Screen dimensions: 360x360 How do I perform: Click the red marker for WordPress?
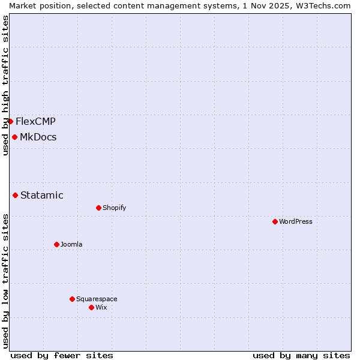click(x=275, y=221)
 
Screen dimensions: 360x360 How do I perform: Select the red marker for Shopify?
click(x=98, y=208)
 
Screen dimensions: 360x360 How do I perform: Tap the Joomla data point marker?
click(x=56, y=244)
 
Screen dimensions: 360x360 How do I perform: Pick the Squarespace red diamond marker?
click(x=72, y=299)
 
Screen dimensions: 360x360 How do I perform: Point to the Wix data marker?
click(x=91, y=307)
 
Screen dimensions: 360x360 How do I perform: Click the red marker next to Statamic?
click(x=15, y=195)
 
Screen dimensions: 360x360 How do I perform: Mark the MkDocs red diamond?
click(x=14, y=137)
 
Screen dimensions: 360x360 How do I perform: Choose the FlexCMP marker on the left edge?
click(x=10, y=121)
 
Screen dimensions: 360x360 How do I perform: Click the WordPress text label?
click(x=296, y=221)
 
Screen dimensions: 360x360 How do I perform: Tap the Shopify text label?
click(x=114, y=208)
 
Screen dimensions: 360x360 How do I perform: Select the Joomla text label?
click(x=71, y=244)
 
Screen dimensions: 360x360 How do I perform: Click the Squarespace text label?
click(x=97, y=299)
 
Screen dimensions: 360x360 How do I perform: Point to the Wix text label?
click(x=101, y=307)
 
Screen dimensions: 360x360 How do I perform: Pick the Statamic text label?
click(x=42, y=195)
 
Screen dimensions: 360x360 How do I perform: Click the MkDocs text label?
click(x=38, y=137)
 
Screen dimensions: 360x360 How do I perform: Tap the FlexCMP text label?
click(x=35, y=121)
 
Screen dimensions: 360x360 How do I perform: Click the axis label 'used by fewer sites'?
click(x=62, y=355)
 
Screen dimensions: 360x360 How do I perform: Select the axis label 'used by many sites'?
click(x=301, y=355)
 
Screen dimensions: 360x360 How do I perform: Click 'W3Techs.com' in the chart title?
click(x=326, y=5)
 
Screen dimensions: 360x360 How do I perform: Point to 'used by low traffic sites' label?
click(x=5, y=281)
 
